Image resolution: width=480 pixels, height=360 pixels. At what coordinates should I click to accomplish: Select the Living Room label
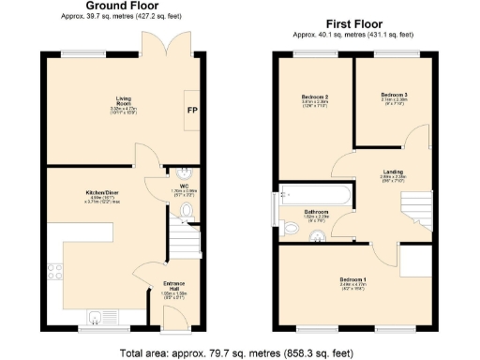[124, 97]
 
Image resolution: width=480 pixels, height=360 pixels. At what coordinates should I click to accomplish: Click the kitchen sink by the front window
[97, 316]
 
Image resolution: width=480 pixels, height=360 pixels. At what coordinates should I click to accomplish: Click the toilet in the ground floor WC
[185, 211]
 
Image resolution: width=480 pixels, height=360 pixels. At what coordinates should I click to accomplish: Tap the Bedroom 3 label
[393, 96]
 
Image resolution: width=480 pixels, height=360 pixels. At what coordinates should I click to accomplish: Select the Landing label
[392, 172]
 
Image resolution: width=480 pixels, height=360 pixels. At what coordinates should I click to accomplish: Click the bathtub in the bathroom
[313, 195]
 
